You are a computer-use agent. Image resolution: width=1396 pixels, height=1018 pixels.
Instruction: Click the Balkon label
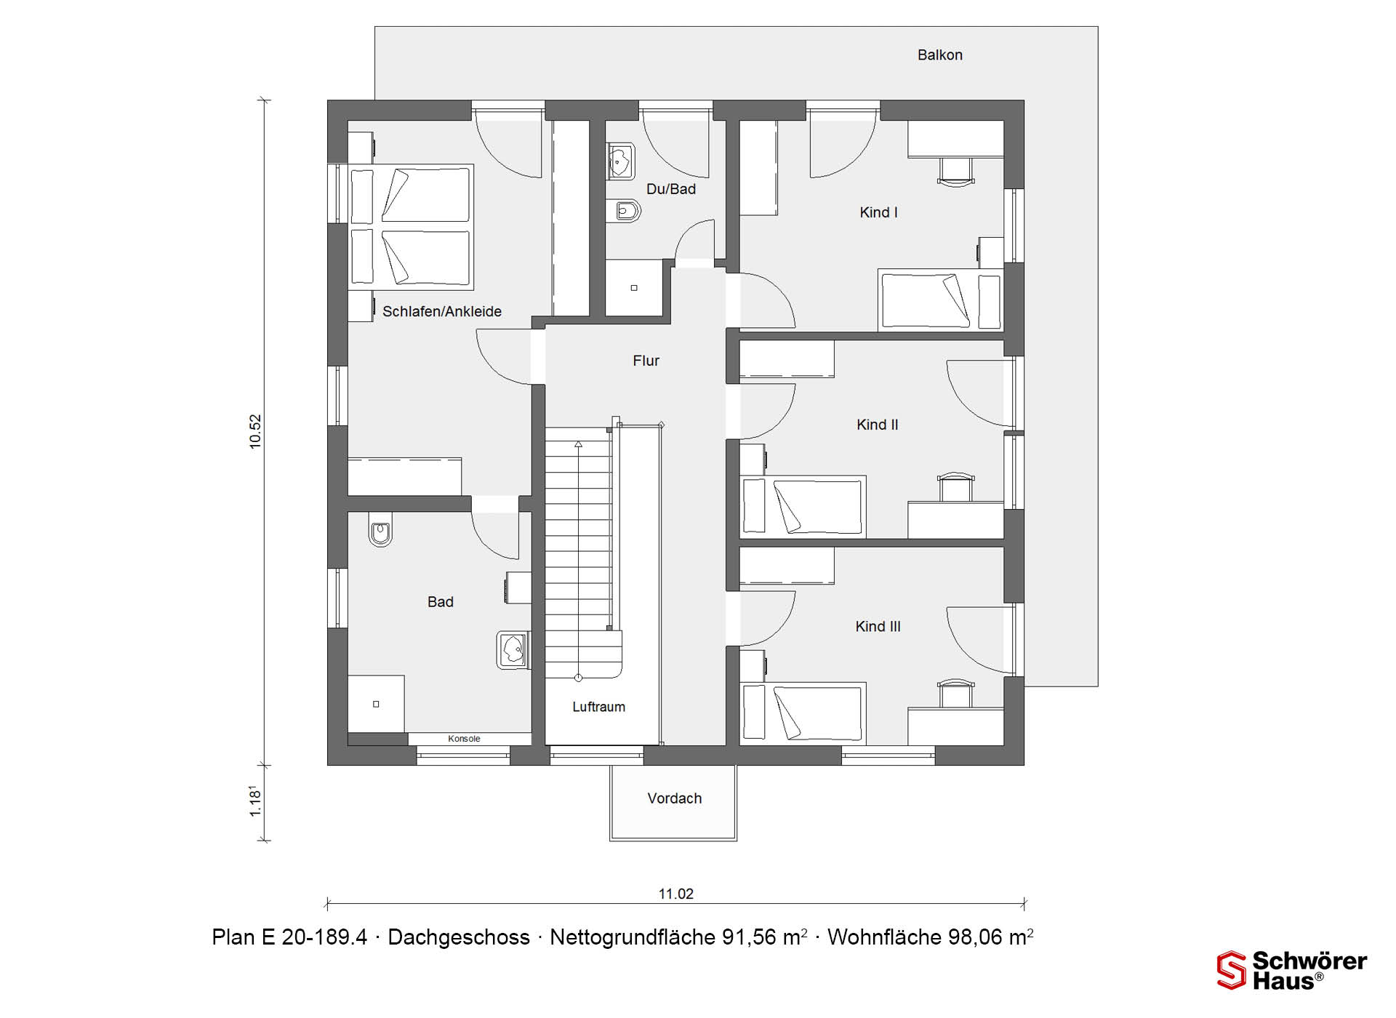pyautogui.click(x=939, y=55)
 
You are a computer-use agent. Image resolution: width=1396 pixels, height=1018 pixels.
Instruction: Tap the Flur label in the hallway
pyautogui.click(x=646, y=361)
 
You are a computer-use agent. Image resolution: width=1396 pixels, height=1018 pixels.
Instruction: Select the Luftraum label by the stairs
pyautogui.click(x=598, y=707)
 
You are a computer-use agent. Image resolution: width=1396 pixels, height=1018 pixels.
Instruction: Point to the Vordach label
pyautogui.click(x=675, y=798)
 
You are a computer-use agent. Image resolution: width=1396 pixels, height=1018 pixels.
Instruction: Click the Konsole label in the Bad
pyautogui.click(x=464, y=739)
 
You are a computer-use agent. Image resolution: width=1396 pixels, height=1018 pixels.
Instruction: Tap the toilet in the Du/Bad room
pyautogui.click(x=623, y=211)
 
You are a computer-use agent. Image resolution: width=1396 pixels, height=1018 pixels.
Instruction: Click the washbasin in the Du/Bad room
pyautogui.click(x=620, y=161)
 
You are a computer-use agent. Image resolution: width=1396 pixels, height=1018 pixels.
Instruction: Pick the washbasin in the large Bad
pyautogui.click(x=513, y=649)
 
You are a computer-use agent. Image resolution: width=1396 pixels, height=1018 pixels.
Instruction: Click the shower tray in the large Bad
pyautogui.click(x=376, y=704)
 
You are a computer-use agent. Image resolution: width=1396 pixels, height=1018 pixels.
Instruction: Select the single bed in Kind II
pyautogui.click(x=803, y=507)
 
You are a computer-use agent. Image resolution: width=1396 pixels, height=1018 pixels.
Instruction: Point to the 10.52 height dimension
pyautogui.click(x=255, y=432)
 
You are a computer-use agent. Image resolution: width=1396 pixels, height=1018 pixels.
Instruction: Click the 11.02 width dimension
pyautogui.click(x=676, y=894)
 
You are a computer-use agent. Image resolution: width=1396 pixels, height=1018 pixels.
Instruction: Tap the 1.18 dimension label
pyautogui.click(x=255, y=801)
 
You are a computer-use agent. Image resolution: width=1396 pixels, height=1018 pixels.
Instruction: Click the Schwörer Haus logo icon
pyautogui.click(x=1231, y=970)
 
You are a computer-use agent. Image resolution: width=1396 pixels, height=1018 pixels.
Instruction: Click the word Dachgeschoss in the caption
pyautogui.click(x=459, y=937)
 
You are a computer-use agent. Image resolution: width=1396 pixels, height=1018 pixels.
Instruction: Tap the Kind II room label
pyautogui.click(x=877, y=425)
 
